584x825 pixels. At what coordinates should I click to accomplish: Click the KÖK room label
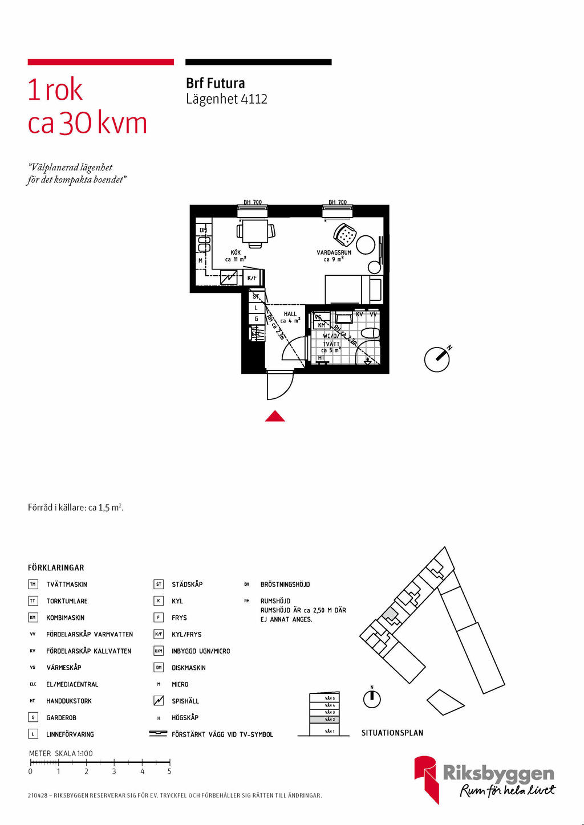pyautogui.click(x=236, y=252)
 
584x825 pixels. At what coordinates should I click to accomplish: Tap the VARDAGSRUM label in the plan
pyautogui.click(x=334, y=252)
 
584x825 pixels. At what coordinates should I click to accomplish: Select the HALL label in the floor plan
pyautogui.click(x=290, y=314)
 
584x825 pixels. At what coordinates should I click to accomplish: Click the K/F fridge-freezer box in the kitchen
pyautogui.click(x=252, y=278)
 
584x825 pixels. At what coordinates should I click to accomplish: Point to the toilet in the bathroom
pyautogui.click(x=370, y=333)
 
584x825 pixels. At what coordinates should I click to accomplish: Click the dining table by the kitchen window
pyautogui.click(x=255, y=231)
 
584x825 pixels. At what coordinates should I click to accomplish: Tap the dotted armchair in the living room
pyautogui.click(x=344, y=234)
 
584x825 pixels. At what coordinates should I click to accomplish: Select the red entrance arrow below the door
pyautogui.click(x=275, y=416)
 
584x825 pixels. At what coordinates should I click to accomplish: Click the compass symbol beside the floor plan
pyautogui.click(x=437, y=359)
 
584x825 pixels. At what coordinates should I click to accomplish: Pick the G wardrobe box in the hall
pyautogui.click(x=256, y=319)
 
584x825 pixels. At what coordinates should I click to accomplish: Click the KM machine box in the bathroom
pyautogui.click(x=322, y=325)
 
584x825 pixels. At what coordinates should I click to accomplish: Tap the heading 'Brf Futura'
pyautogui.click(x=215, y=83)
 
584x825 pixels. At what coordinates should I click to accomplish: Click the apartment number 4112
pyautogui.click(x=254, y=99)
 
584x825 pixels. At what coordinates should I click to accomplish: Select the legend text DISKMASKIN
pyautogui.click(x=188, y=668)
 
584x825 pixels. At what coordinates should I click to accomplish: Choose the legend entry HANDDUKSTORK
pyautogui.click(x=69, y=701)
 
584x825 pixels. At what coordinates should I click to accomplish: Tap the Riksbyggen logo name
pyautogui.click(x=498, y=773)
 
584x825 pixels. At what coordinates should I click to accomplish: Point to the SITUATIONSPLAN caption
pyautogui.click(x=392, y=733)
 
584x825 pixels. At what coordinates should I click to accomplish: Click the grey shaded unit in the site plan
pyautogui.click(x=390, y=615)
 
